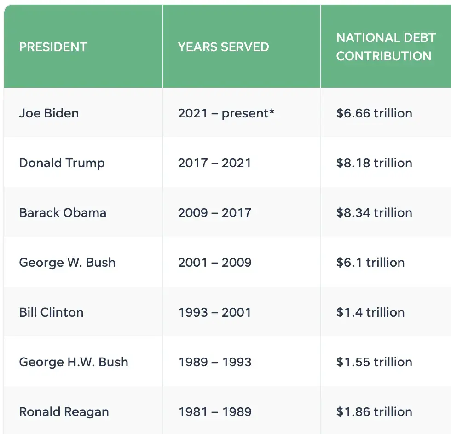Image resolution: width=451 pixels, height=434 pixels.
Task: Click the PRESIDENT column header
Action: click(x=53, y=47)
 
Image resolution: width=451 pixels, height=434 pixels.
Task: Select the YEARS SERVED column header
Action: click(x=223, y=47)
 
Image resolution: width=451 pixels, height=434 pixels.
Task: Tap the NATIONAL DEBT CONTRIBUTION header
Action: click(x=386, y=47)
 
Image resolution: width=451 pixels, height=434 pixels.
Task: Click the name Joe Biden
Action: click(x=49, y=113)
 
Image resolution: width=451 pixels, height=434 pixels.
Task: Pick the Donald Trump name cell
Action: click(x=62, y=163)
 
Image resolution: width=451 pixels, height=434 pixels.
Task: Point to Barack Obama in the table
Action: click(x=63, y=213)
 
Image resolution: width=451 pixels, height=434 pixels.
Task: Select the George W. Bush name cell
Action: click(x=67, y=263)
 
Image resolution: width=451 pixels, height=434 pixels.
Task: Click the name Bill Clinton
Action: click(x=51, y=312)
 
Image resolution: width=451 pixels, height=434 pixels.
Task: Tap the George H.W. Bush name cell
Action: click(x=74, y=362)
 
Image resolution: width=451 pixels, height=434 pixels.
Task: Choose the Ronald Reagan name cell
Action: click(x=64, y=412)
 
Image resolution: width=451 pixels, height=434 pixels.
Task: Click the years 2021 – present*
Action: click(x=226, y=113)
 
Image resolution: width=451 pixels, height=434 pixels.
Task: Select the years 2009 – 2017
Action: click(x=214, y=213)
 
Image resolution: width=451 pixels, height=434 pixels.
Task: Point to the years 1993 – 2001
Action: click(x=214, y=312)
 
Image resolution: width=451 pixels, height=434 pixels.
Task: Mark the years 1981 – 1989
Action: click(x=214, y=412)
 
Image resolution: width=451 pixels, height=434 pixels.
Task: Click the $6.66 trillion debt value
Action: click(x=374, y=113)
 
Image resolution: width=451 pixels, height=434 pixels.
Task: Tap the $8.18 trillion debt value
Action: click(x=374, y=163)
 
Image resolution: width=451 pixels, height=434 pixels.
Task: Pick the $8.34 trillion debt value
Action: click(x=374, y=213)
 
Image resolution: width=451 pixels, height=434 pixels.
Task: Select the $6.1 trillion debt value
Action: click(x=370, y=263)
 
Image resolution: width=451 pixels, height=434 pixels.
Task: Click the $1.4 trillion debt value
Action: click(x=370, y=312)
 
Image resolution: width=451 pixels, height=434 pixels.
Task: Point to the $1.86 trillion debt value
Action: click(x=374, y=412)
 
